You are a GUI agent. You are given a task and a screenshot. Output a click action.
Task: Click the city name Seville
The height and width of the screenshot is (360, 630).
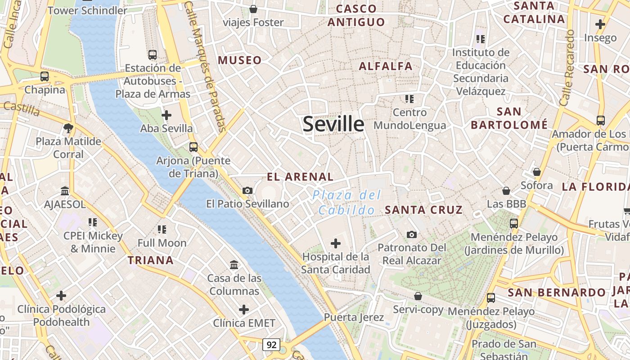click(x=333, y=124)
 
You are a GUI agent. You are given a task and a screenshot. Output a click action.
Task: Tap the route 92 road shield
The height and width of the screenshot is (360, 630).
click(x=271, y=345)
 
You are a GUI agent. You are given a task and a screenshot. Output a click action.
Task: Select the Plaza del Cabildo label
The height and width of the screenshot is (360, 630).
click(x=346, y=202)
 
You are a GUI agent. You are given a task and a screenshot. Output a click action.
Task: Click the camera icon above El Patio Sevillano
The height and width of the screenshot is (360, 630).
click(x=247, y=190)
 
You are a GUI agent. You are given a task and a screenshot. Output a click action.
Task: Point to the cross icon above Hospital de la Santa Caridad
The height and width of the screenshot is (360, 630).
click(x=336, y=243)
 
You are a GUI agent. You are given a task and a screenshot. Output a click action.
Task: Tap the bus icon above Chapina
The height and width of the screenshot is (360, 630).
click(x=45, y=76)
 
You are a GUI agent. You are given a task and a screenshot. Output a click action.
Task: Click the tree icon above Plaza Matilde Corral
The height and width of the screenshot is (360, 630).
click(x=68, y=128)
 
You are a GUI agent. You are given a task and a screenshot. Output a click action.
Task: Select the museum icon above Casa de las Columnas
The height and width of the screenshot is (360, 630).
click(x=234, y=265)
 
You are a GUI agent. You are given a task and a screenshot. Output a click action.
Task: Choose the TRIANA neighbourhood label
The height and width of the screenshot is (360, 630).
click(x=150, y=260)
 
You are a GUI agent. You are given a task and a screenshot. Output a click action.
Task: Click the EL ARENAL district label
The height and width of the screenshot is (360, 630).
click(x=300, y=177)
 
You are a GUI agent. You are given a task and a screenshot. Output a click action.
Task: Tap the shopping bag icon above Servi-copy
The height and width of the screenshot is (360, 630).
click(x=418, y=296)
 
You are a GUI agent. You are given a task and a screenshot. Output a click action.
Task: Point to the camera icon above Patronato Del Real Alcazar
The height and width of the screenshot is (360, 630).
click(x=411, y=234)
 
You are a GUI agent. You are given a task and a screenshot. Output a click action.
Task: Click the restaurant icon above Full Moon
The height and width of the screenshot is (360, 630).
click(x=162, y=229)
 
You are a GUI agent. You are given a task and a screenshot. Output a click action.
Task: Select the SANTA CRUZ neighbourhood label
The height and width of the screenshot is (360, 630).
click(x=423, y=210)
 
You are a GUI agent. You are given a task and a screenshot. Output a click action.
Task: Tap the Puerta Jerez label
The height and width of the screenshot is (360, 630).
click(x=354, y=317)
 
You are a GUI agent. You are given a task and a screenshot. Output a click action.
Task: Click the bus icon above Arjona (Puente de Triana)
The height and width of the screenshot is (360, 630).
click(x=193, y=147)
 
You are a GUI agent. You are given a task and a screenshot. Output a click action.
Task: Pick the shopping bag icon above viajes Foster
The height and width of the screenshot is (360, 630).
click(x=253, y=9)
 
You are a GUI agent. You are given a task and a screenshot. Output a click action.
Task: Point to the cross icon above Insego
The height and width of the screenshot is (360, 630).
click(x=600, y=24)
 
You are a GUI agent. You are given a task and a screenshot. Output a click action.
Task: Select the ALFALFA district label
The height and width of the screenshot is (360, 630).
click(x=386, y=66)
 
